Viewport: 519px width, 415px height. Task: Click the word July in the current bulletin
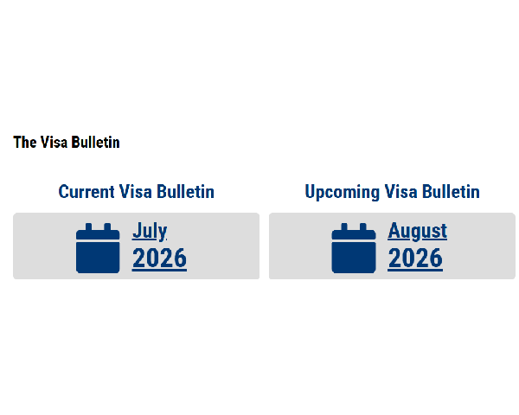pos(150,232)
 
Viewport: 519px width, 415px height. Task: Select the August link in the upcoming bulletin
pos(418,232)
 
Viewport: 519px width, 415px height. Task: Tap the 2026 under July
pos(159,259)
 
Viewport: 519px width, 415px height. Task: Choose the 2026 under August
pos(415,259)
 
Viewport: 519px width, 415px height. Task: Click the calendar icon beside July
pos(98,248)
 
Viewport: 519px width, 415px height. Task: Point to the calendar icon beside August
pos(354,248)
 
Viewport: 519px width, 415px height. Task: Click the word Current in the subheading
pos(86,192)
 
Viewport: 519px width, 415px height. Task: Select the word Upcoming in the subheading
pos(342,192)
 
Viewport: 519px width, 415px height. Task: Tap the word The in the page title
pos(25,143)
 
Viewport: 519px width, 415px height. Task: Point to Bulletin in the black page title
pos(96,143)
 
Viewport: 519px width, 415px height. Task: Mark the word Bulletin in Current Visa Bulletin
pos(185,192)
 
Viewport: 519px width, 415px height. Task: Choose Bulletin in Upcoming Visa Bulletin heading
pos(451,192)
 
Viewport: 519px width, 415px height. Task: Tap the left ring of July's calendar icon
pos(88,227)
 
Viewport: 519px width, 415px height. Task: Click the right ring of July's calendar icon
pos(107,227)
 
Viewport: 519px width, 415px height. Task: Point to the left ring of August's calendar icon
pos(344,227)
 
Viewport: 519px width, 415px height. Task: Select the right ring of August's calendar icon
pos(363,227)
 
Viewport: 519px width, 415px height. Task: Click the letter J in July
pos(137,231)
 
